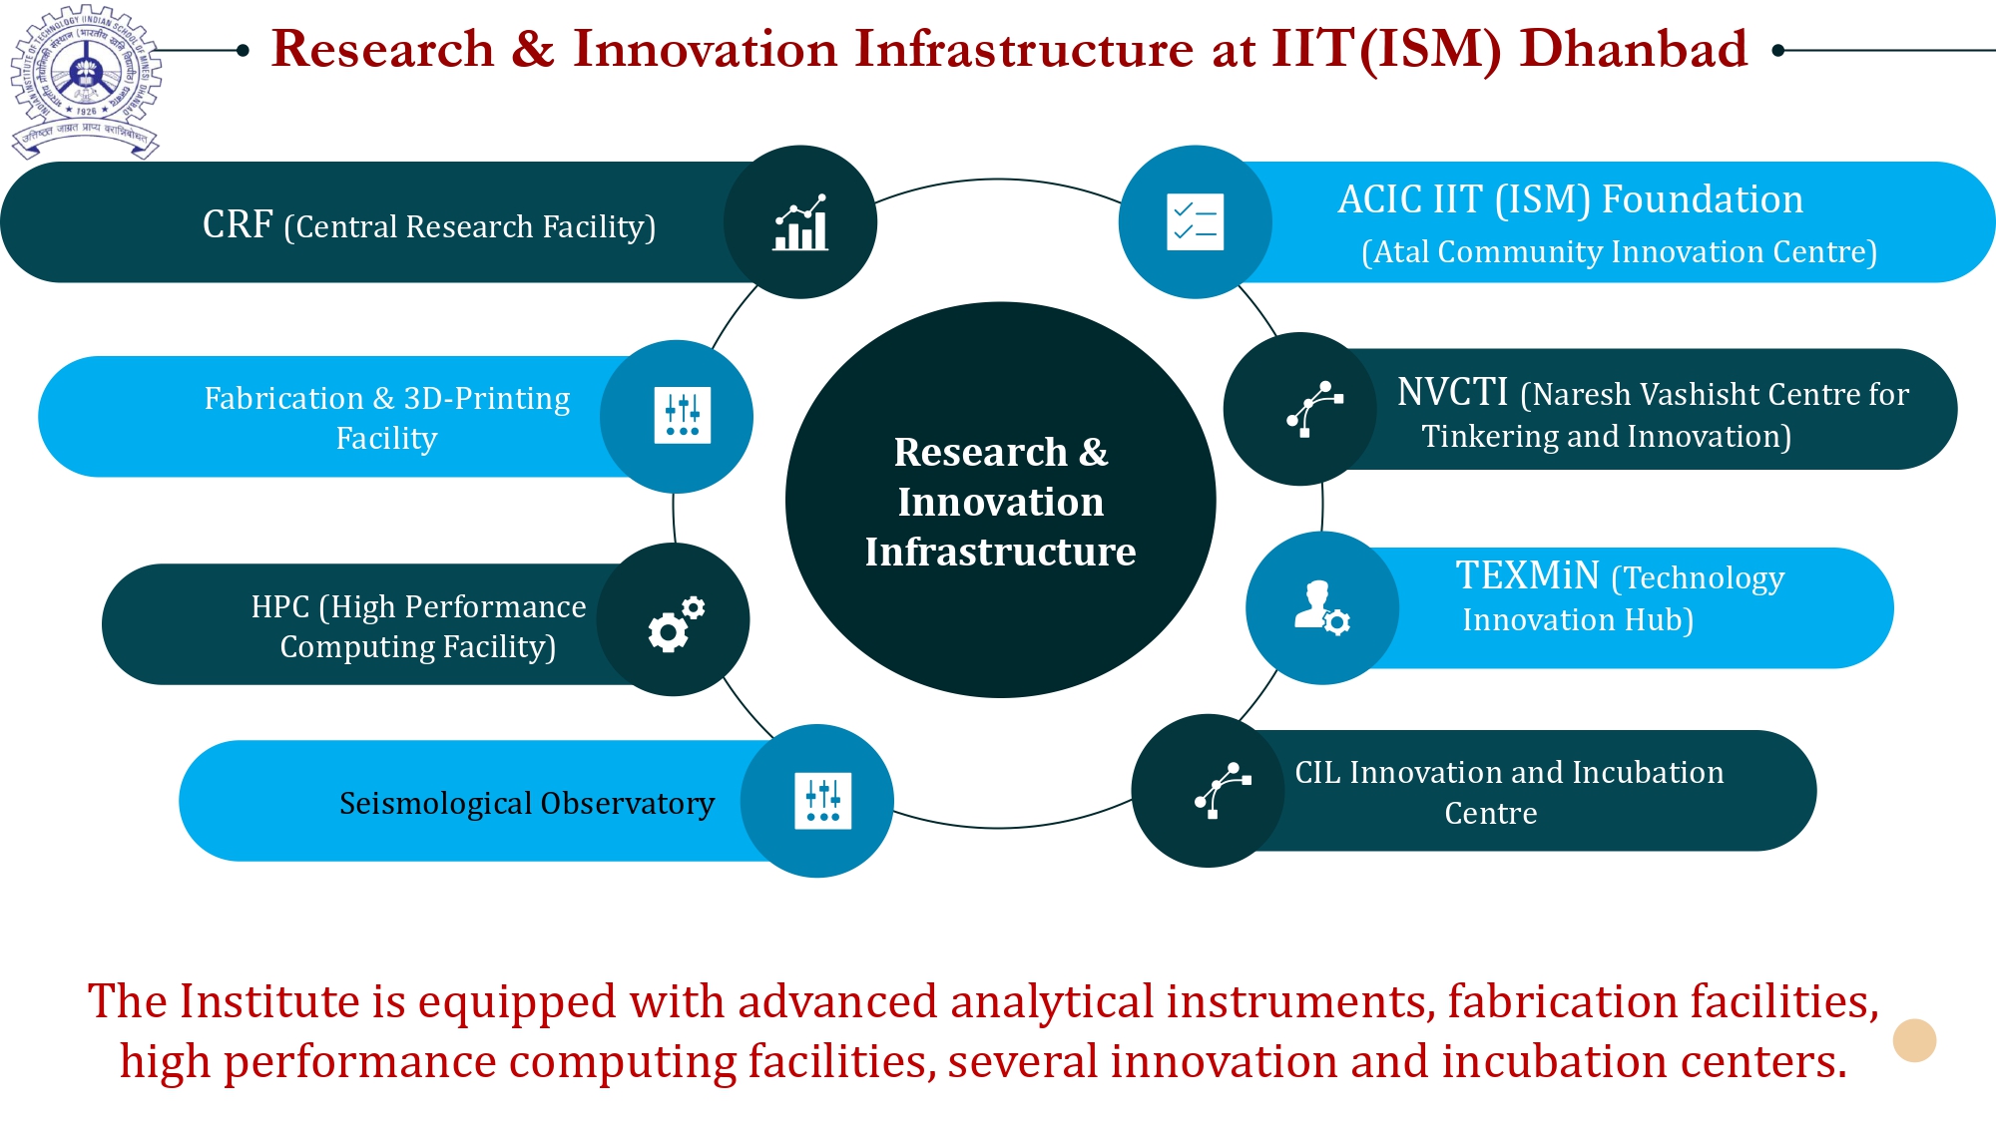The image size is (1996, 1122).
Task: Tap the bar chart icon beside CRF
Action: click(800, 222)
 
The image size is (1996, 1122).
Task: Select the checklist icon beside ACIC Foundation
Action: click(1195, 221)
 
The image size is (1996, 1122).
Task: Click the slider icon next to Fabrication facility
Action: click(682, 416)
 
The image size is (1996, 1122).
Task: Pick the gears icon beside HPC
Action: click(676, 624)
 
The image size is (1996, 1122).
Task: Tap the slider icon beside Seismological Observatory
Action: click(822, 801)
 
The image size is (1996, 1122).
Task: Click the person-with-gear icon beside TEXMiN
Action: click(1321, 607)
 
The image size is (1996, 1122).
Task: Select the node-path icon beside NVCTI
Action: click(1313, 409)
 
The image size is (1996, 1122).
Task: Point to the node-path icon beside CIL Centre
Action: click(1222, 791)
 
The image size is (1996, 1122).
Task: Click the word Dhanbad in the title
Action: click(1633, 49)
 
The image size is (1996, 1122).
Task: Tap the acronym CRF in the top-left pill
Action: click(237, 224)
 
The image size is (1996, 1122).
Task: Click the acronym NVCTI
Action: click(1452, 392)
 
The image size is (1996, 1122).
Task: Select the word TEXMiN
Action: click(1527, 575)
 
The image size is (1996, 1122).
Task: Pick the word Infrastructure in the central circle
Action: click(1000, 552)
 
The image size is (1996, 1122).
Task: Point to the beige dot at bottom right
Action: click(1913, 1040)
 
